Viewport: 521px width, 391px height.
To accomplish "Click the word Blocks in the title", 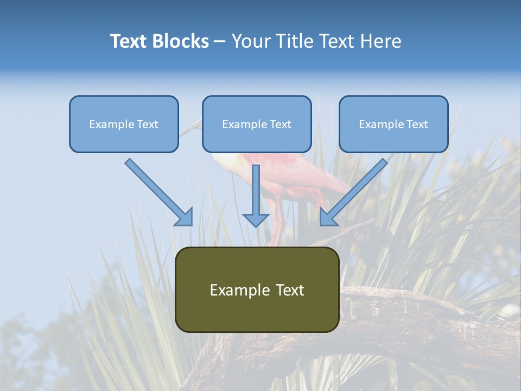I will point(181,41).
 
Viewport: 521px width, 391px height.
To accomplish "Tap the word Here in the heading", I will point(380,41).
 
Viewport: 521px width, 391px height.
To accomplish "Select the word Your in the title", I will point(251,41).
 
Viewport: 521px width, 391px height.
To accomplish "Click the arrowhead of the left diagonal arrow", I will point(185,218).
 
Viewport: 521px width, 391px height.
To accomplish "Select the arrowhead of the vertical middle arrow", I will point(256,220).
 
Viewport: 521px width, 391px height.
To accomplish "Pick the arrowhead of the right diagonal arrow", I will point(328,218).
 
